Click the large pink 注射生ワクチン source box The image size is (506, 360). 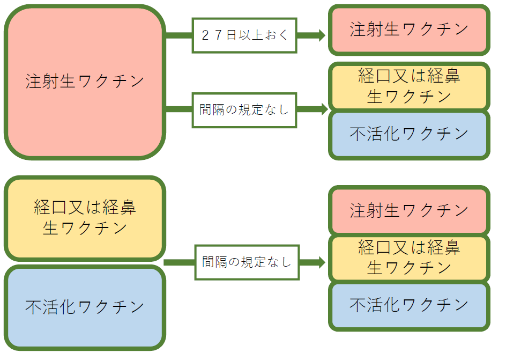click(85, 82)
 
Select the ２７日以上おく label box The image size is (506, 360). click(244, 35)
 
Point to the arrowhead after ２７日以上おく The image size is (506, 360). click(321, 35)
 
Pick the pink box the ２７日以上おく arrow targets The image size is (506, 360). click(409, 30)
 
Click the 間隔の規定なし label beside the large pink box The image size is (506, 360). click(244, 109)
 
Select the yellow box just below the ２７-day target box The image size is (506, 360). click(409, 86)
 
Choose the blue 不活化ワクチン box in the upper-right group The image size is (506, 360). click(409, 134)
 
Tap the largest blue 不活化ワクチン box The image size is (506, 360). click(85, 307)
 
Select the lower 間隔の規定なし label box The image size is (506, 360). click(247, 262)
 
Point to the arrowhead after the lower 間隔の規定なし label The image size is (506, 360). click(321, 262)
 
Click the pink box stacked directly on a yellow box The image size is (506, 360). click(409, 211)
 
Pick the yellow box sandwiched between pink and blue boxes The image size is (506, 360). click(409, 258)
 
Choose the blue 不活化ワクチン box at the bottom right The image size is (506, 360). click(409, 305)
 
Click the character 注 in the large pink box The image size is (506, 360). click(33, 82)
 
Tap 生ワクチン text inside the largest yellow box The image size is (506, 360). click(85, 228)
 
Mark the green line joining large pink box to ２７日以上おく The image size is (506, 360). click(178, 35)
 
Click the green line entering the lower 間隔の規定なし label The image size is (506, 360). click(180, 262)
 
